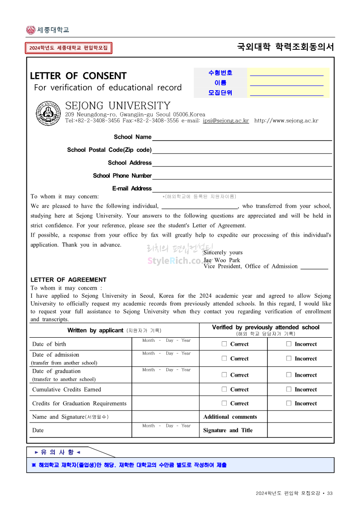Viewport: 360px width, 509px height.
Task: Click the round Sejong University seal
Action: (x=49, y=113)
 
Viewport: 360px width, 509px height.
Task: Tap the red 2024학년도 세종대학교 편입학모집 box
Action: (x=68, y=48)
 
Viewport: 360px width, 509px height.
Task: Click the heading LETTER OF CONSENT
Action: (x=78, y=76)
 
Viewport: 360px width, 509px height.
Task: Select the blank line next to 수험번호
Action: (x=287, y=73)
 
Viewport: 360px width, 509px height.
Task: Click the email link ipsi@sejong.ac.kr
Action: (x=226, y=121)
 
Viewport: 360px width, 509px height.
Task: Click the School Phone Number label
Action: (x=122, y=176)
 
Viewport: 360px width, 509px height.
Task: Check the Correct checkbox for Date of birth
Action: (x=224, y=344)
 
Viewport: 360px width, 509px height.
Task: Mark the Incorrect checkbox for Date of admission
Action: (x=289, y=359)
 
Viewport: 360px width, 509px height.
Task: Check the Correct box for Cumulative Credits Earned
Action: (x=224, y=389)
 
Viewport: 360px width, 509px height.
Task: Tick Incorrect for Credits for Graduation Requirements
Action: (x=289, y=403)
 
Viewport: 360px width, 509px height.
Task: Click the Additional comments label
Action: (x=230, y=417)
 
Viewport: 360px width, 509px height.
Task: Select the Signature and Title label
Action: (x=228, y=431)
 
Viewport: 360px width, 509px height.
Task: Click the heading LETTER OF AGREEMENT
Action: (x=68, y=280)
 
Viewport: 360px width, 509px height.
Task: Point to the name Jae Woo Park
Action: (x=222, y=260)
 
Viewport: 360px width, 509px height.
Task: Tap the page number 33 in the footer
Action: (x=330, y=493)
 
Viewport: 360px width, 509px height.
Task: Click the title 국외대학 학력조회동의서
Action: (x=285, y=47)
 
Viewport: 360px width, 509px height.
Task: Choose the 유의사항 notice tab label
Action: (x=58, y=452)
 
